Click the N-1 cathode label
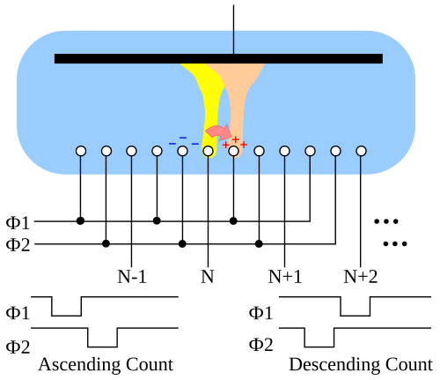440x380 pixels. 132,277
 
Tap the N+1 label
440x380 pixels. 285,277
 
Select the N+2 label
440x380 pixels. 361,277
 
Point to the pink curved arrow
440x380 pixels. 218,132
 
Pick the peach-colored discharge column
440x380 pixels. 238,97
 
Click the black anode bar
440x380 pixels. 218,58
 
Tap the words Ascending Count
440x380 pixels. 106,365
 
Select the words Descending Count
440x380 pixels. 361,365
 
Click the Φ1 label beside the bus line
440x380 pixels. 18,222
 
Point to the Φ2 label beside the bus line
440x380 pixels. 18,245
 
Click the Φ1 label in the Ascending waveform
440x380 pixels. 18,313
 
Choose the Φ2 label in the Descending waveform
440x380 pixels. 260,345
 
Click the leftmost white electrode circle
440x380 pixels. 81,151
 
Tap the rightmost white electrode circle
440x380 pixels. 361,151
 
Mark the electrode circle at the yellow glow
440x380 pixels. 208,151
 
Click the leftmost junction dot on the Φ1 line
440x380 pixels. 80,220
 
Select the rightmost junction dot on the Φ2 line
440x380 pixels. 259,243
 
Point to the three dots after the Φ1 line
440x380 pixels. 386,221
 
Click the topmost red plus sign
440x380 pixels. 235,139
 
